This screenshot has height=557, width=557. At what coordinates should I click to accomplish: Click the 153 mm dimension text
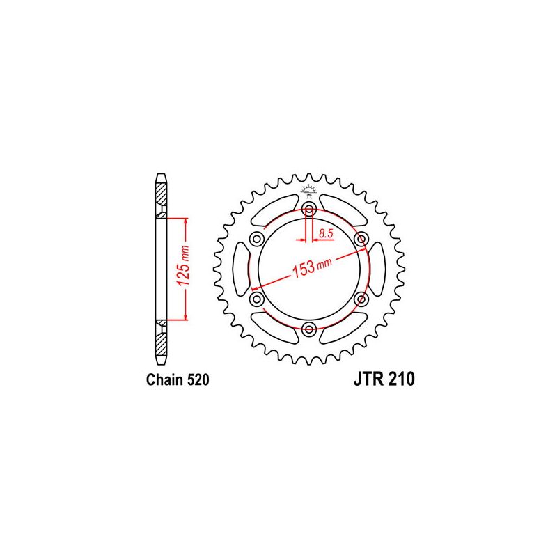click(311, 267)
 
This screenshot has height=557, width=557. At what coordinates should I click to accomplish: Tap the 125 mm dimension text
click(184, 266)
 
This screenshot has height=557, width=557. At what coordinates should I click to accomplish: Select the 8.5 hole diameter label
click(326, 234)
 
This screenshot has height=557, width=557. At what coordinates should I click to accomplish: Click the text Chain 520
click(178, 379)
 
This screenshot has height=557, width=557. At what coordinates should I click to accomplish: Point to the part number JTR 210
click(384, 379)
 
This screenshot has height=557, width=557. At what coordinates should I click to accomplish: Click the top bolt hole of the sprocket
click(309, 210)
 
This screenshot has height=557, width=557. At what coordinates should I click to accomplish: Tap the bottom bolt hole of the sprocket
click(309, 329)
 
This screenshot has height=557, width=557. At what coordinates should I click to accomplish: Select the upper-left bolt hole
click(256, 239)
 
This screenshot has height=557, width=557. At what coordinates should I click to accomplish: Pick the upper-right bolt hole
click(361, 239)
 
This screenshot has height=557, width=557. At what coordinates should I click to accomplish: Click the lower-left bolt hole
click(256, 299)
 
